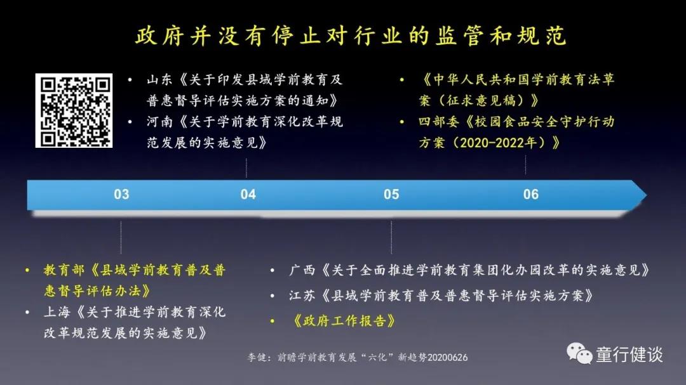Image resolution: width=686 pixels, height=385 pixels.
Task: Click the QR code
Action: point(74,110)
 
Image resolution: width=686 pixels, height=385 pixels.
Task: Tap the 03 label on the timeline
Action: point(121,195)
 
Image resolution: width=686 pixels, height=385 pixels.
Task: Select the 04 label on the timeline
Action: point(248,195)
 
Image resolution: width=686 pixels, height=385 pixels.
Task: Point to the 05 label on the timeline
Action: point(391,195)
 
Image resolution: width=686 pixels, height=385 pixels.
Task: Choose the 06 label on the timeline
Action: point(531,195)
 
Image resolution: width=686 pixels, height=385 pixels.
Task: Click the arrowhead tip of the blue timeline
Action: point(646,195)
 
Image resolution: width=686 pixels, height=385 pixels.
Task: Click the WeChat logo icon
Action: point(579,353)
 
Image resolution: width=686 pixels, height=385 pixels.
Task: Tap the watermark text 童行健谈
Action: point(629,355)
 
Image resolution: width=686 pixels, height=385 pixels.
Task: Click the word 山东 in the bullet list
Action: point(159,79)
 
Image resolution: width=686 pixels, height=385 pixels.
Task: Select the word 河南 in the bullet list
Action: point(159,122)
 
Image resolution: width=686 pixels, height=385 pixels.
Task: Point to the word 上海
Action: point(57,312)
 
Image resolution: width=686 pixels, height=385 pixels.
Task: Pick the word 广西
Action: point(302,270)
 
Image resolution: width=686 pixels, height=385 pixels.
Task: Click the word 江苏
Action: point(302,296)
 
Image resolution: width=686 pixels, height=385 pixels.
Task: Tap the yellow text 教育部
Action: point(64,270)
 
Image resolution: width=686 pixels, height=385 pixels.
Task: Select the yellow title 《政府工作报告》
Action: point(344,321)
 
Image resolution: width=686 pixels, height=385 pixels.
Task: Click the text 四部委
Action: point(438,122)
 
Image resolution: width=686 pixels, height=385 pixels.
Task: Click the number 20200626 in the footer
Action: point(447,358)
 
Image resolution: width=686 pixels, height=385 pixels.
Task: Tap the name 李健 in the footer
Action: point(257,358)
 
